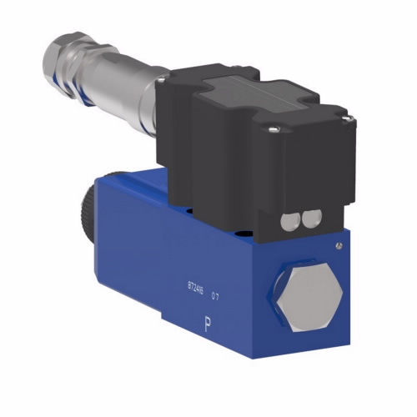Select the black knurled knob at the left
91,214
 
